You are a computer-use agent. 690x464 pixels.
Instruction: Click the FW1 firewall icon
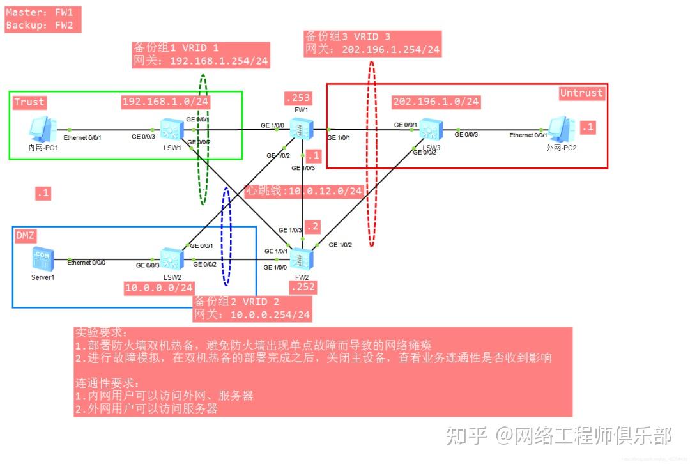click(299, 128)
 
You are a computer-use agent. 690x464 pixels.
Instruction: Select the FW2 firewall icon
click(299, 258)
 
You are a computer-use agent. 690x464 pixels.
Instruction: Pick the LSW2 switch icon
click(171, 258)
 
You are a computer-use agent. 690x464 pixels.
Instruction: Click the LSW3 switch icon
click(429, 131)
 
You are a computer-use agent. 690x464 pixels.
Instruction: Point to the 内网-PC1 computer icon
click(43, 129)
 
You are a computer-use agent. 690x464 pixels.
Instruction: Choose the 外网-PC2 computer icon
click(560, 129)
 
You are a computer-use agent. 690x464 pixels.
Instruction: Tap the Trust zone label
click(29, 102)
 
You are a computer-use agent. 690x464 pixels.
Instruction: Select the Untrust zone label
click(581, 93)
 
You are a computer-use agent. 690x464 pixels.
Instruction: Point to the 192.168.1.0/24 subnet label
click(166, 101)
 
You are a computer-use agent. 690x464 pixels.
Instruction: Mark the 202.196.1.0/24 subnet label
click(436, 101)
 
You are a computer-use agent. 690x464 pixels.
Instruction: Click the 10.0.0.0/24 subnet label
click(159, 288)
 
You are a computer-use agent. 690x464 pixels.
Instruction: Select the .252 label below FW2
click(302, 288)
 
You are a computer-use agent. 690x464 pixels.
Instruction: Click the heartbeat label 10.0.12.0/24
click(304, 190)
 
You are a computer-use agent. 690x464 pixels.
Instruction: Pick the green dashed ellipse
click(203, 139)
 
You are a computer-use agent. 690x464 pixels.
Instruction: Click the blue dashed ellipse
click(226, 236)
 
